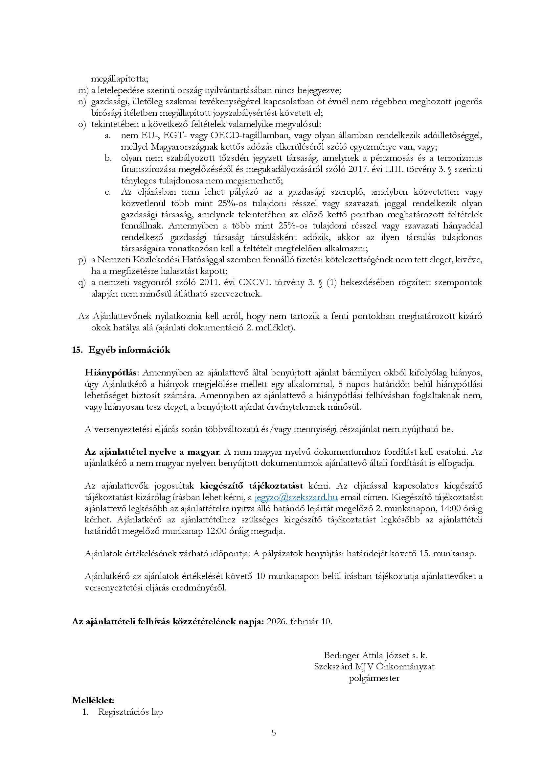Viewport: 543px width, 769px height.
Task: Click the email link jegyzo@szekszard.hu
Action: pyautogui.click(x=296, y=497)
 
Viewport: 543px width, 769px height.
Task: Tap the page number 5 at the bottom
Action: pyautogui.click(x=274, y=733)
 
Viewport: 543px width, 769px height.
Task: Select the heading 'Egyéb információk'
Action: pyautogui.click(x=129, y=350)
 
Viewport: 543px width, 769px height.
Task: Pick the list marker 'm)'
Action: pyautogui.click(x=83, y=90)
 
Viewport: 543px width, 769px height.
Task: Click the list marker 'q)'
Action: pyautogui.click(x=82, y=283)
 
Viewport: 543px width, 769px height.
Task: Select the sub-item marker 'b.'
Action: pyautogui.click(x=108, y=158)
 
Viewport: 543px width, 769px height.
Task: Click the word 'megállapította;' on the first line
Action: pyautogui.click(x=120, y=79)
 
